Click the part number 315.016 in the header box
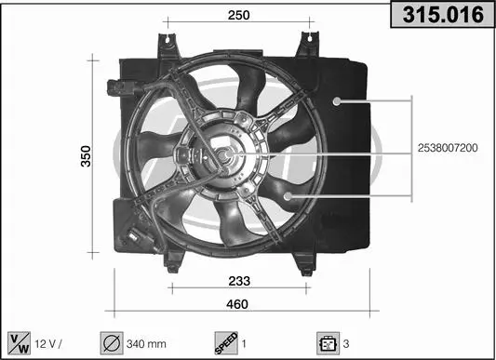pos(443,14)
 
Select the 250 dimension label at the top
pos(238,15)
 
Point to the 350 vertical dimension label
pos(86,156)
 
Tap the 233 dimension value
pos(239,281)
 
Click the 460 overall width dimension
pos(237,304)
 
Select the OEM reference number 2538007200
pos(448,148)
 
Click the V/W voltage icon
pos(19,343)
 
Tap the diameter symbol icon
pos(112,343)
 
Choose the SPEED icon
pos(226,343)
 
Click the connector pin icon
pos(328,343)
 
